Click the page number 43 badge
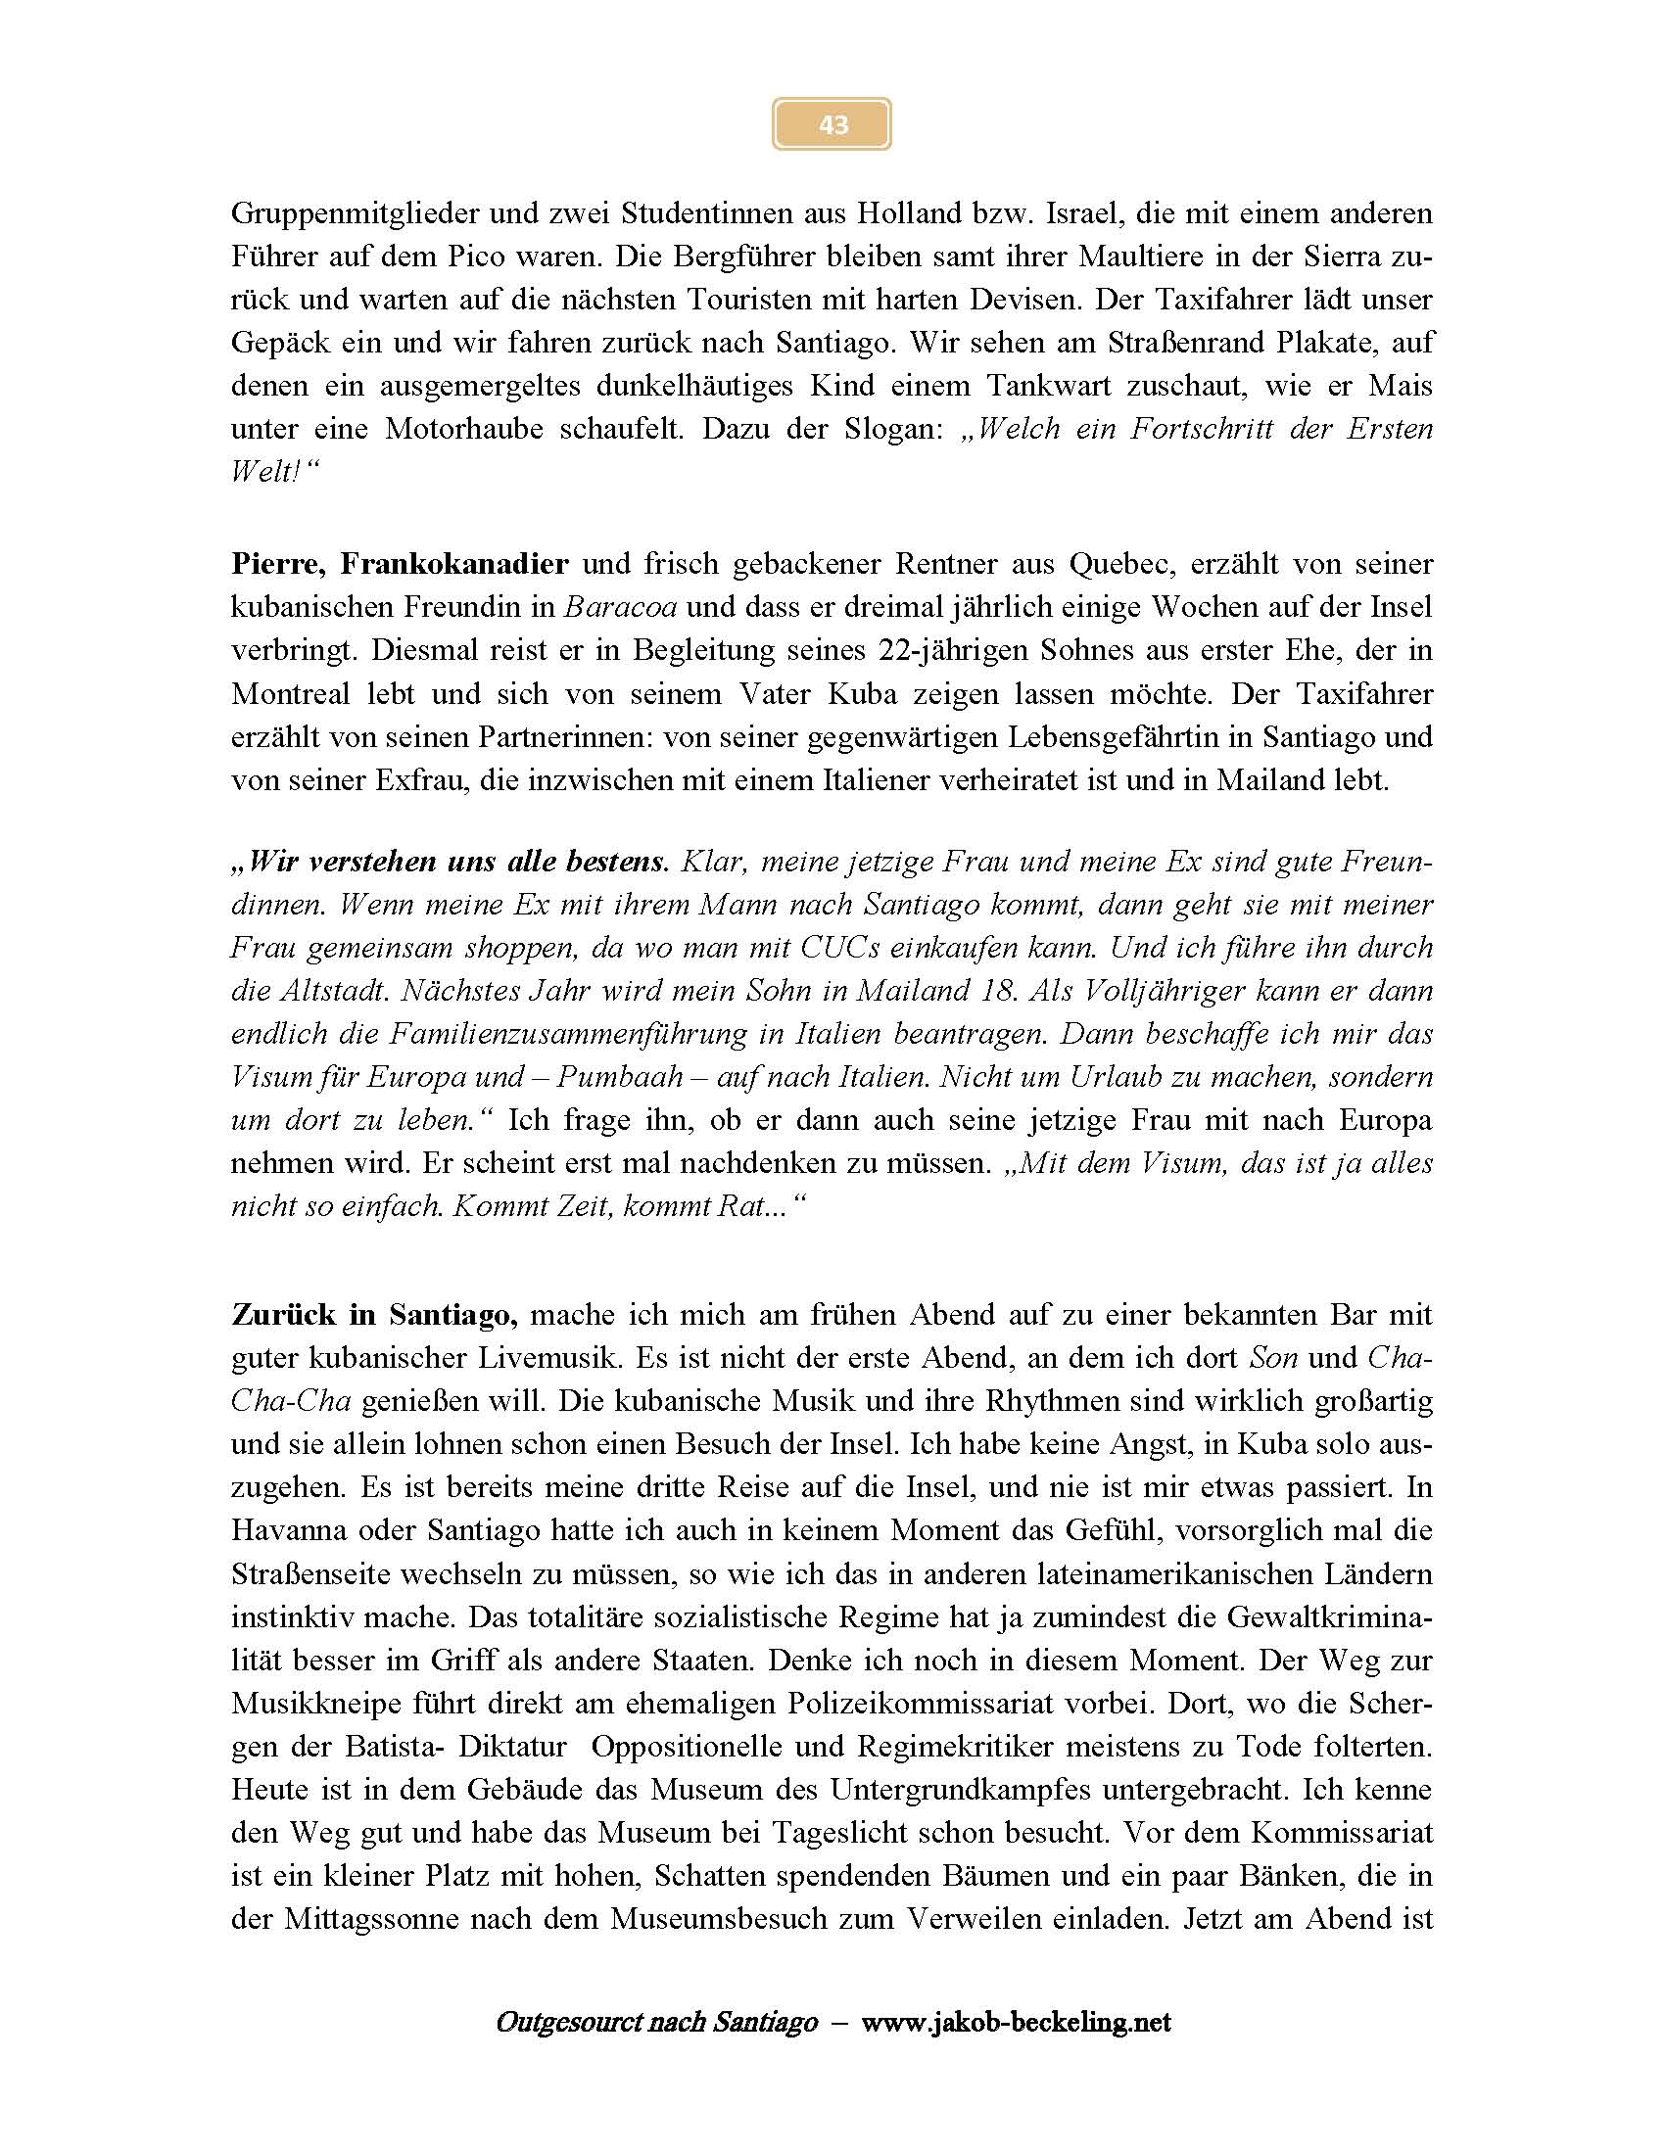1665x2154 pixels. point(832,124)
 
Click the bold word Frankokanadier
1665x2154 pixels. point(454,564)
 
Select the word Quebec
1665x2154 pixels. point(1123,564)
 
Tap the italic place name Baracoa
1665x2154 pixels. point(619,608)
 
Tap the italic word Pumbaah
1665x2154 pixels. point(619,1078)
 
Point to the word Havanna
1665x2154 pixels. point(289,1531)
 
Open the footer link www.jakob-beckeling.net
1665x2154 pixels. point(1016,2023)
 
